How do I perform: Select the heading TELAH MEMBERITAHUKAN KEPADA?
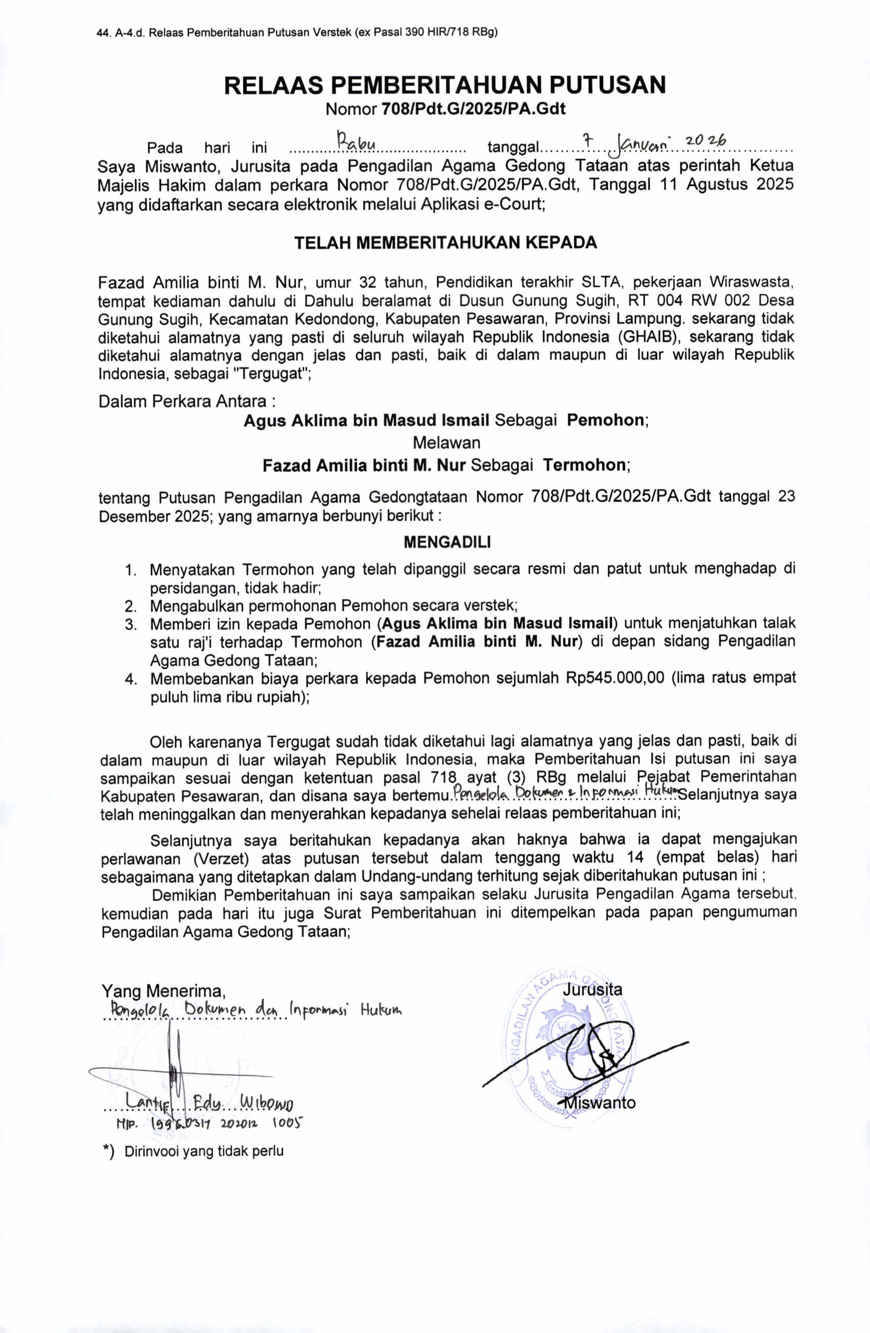click(445, 243)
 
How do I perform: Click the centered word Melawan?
click(446, 443)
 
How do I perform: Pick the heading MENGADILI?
click(446, 542)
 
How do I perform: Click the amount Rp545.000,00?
click(615, 678)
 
